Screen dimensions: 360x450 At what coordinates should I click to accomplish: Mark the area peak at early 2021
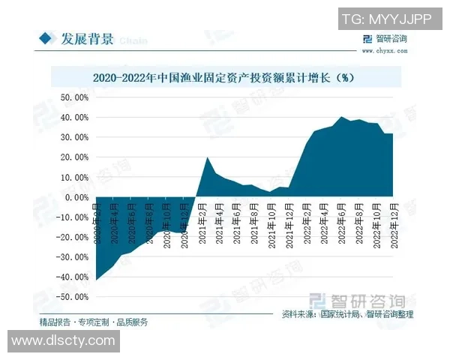pyautogui.click(x=208, y=157)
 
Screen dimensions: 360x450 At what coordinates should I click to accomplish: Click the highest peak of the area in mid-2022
pyautogui.click(x=342, y=118)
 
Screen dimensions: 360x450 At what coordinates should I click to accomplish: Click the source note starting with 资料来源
pyautogui.click(x=347, y=314)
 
